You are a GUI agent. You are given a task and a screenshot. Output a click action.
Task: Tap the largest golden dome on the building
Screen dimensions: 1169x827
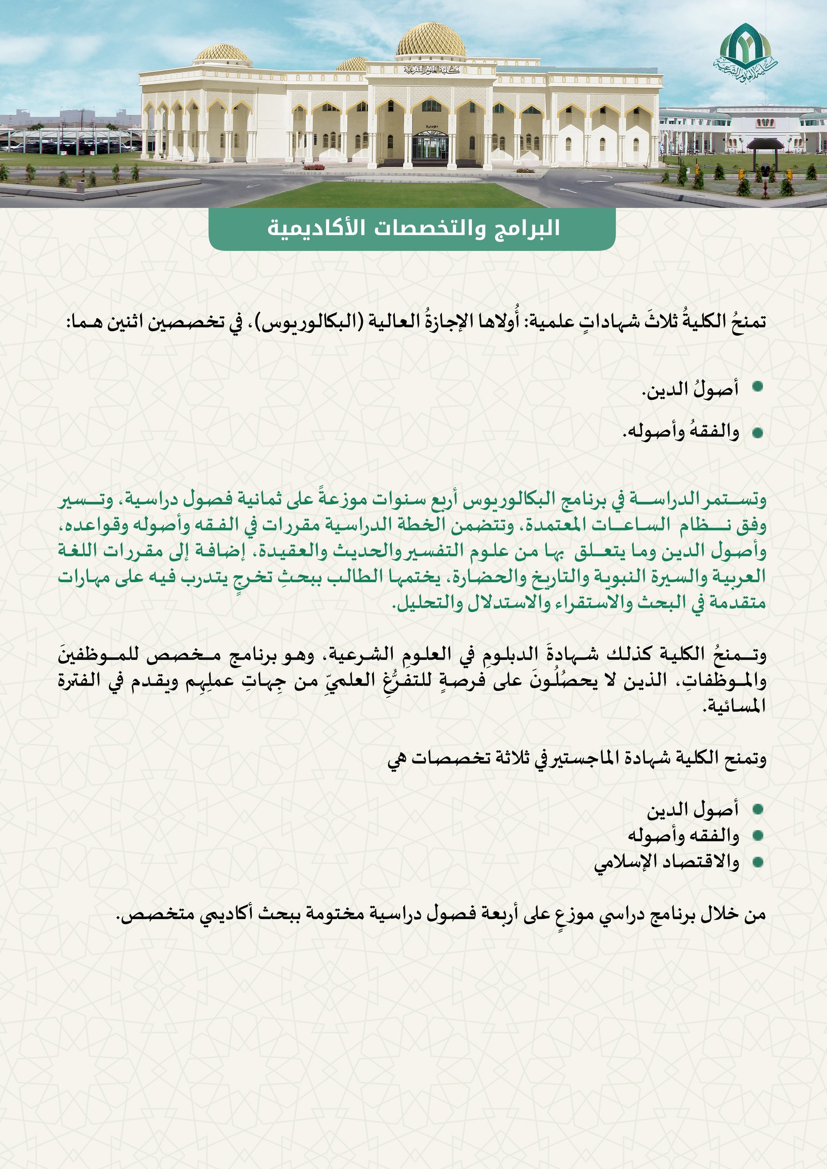coord(431,40)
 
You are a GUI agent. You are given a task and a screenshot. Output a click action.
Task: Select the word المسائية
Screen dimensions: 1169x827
coord(733,706)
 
